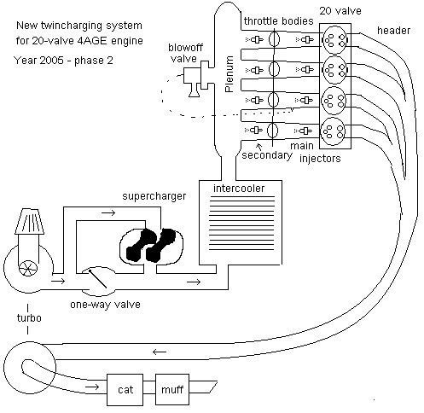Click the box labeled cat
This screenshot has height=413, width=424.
[x=125, y=389]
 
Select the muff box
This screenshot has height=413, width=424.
[x=172, y=389]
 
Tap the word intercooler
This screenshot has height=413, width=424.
[x=239, y=189]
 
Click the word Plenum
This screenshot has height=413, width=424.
[x=229, y=74]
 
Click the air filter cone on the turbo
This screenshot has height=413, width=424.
[x=30, y=221]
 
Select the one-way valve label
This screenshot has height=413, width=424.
[x=105, y=305]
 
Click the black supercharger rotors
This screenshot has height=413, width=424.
[x=150, y=245]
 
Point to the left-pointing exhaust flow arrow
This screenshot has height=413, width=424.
[x=160, y=352]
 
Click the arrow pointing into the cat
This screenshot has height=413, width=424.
[x=92, y=387]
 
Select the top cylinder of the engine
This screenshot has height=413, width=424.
[x=334, y=40]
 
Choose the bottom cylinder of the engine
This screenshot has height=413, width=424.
[x=333, y=131]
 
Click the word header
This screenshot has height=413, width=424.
[x=393, y=31]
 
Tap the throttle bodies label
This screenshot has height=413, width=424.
[x=278, y=20]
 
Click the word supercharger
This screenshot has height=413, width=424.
[x=154, y=196]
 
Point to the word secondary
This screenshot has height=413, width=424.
[x=267, y=155]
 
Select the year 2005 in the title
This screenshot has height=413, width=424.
[x=51, y=61]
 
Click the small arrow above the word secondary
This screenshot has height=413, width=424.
[x=259, y=147]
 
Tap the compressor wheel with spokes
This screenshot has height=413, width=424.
[x=28, y=268]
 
